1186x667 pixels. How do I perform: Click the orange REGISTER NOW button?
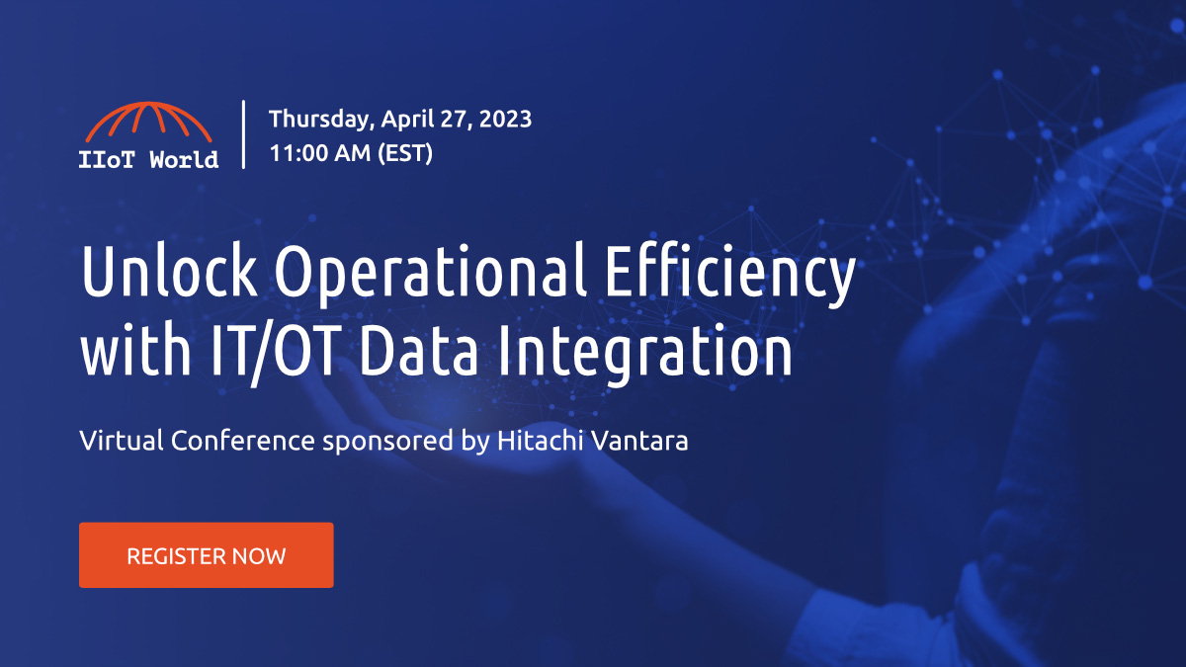[206, 555]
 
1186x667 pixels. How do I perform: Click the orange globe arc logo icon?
[148, 124]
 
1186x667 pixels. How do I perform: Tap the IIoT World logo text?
[148, 159]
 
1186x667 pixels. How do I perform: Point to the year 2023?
[502, 120]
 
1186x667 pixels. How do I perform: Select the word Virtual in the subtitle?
[121, 441]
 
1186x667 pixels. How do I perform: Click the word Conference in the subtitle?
[243, 441]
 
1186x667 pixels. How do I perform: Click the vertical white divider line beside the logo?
[244, 133]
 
